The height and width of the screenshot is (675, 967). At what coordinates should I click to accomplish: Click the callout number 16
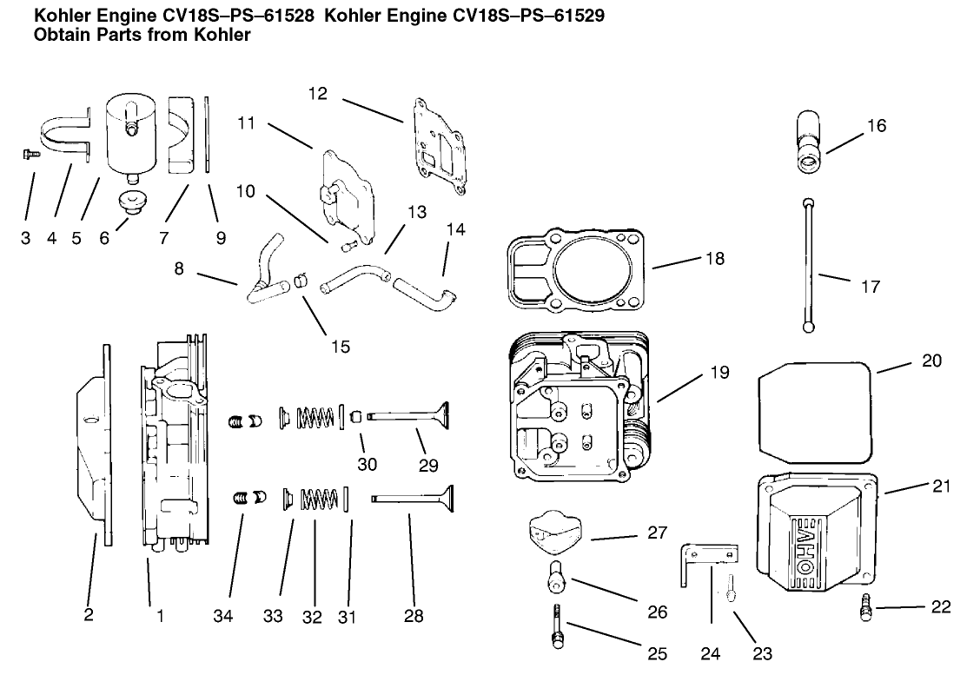tap(876, 126)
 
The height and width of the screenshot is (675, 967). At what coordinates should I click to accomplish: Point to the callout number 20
tap(931, 360)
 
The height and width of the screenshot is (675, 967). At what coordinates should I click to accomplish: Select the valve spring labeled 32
tap(319, 500)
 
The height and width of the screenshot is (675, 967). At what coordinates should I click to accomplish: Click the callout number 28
tap(414, 616)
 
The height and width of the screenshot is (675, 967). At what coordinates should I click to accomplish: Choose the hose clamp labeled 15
tap(300, 280)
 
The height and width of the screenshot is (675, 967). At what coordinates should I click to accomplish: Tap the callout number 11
tap(246, 123)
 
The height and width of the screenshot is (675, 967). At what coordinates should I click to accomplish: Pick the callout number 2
tap(88, 616)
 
